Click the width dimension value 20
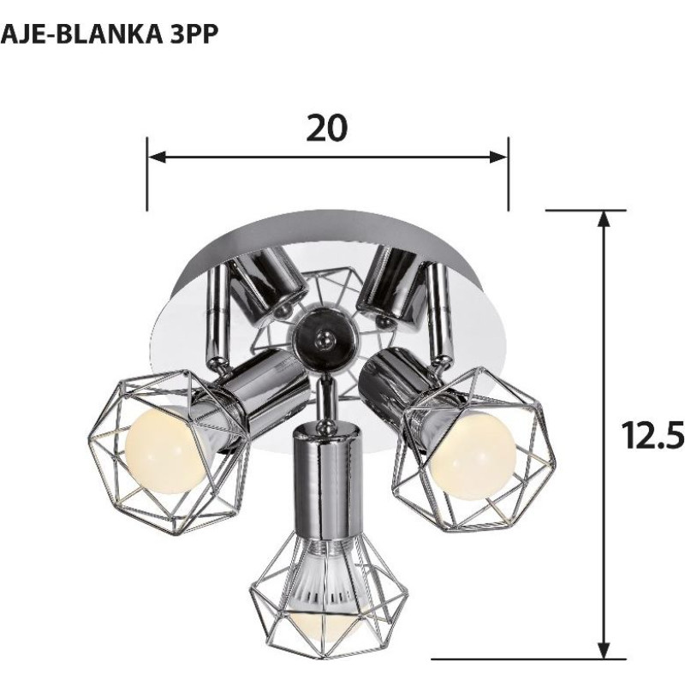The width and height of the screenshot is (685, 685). pos(327,128)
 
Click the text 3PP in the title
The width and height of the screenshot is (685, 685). pos(188,34)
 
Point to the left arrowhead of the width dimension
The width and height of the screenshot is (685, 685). pos(158,158)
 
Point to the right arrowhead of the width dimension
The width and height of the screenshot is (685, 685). pos(498,158)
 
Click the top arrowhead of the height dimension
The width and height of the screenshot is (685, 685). pos(604,218)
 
